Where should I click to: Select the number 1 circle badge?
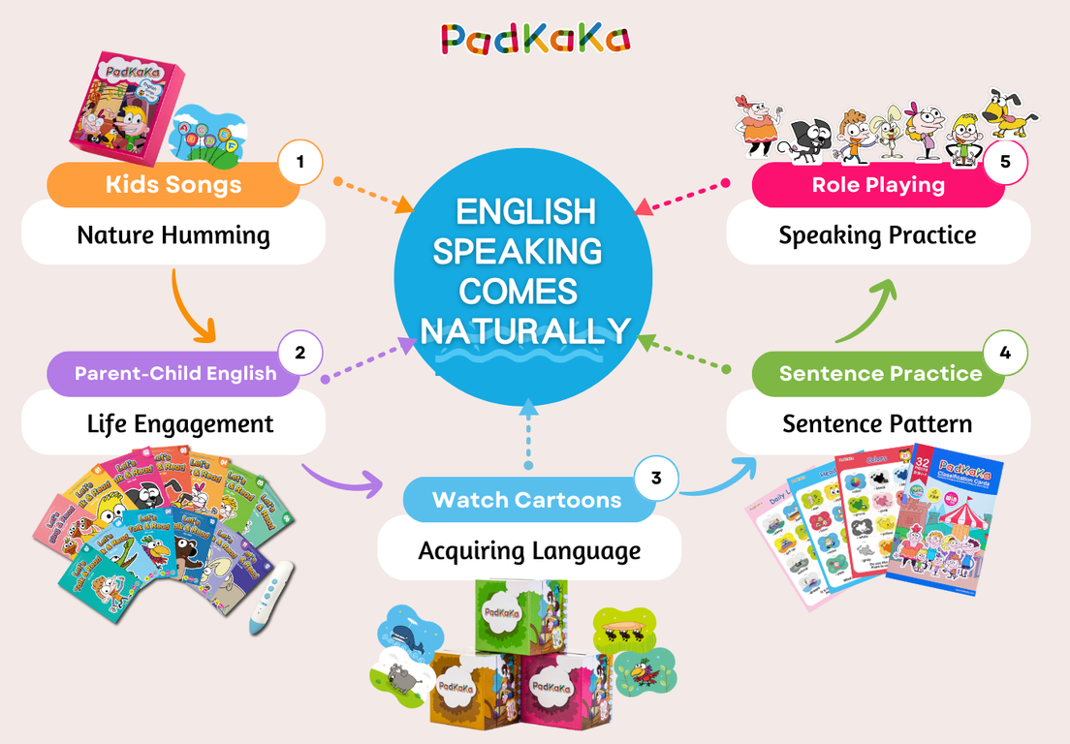[300, 163]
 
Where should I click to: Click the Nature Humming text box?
[173, 235]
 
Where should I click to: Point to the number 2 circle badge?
[300, 353]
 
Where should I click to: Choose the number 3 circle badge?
[656, 479]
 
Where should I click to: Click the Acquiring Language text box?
[529, 550]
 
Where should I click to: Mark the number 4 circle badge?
[1005, 353]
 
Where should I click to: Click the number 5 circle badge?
[1005, 162]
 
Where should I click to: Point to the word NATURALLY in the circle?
[524, 331]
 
